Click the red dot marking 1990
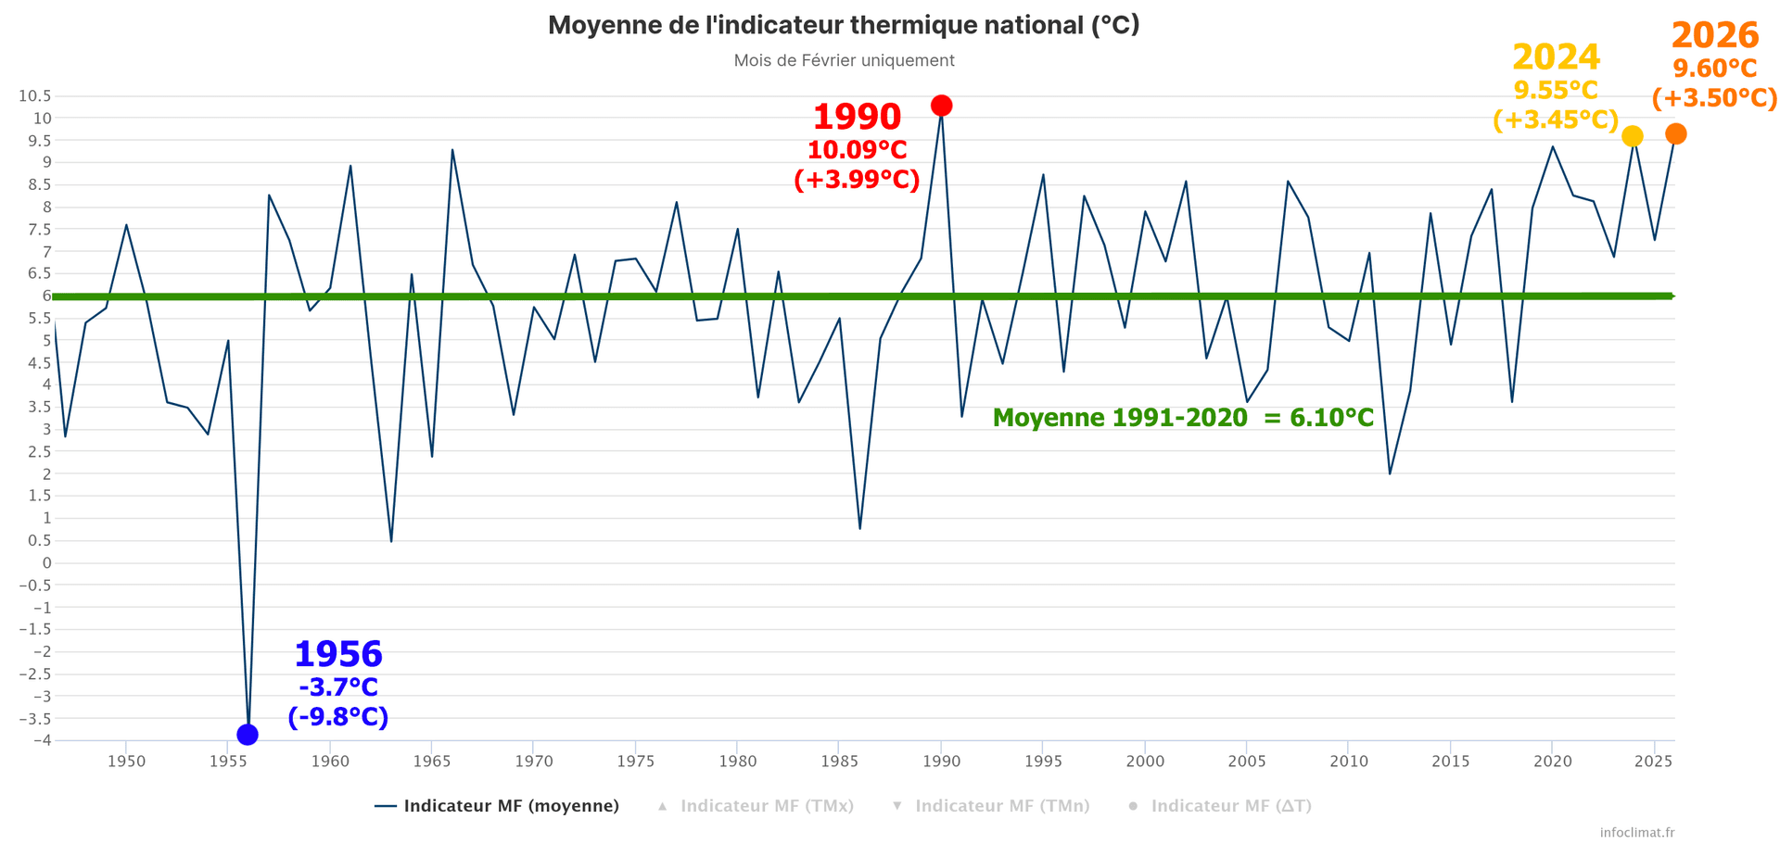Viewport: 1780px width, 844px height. (941, 106)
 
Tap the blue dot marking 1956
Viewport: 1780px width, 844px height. (248, 735)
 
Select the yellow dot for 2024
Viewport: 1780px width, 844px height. (1633, 136)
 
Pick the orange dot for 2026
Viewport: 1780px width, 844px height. (1676, 134)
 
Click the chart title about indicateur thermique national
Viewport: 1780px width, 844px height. (844, 25)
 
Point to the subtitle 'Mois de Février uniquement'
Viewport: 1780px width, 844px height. (844, 61)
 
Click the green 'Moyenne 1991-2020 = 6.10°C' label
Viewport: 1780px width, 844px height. (1183, 418)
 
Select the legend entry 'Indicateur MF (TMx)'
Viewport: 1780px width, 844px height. (767, 806)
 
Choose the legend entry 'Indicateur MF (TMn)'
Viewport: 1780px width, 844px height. (1002, 806)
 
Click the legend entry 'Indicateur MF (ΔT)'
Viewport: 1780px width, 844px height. (1230, 806)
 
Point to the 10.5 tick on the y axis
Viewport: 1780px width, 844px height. (34, 96)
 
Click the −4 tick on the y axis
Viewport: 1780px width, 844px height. (40, 740)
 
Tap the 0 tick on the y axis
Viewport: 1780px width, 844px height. (46, 563)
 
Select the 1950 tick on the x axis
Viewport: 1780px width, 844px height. (126, 762)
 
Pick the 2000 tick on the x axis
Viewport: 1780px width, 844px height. (1145, 762)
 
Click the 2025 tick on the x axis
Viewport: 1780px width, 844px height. (1654, 762)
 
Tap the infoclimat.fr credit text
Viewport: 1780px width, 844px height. (1637, 833)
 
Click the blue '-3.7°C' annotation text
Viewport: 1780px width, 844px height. (338, 687)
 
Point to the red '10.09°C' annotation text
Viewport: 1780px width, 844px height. (857, 150)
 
